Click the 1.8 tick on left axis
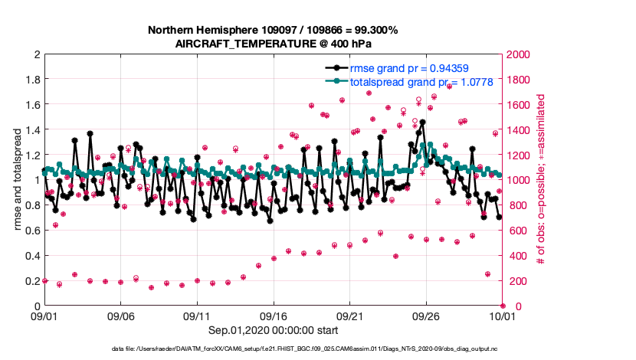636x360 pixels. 32,80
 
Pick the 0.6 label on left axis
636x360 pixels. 32,231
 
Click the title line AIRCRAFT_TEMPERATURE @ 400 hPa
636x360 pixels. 273,43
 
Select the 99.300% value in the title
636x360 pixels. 373,30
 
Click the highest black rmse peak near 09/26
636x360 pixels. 422,122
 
